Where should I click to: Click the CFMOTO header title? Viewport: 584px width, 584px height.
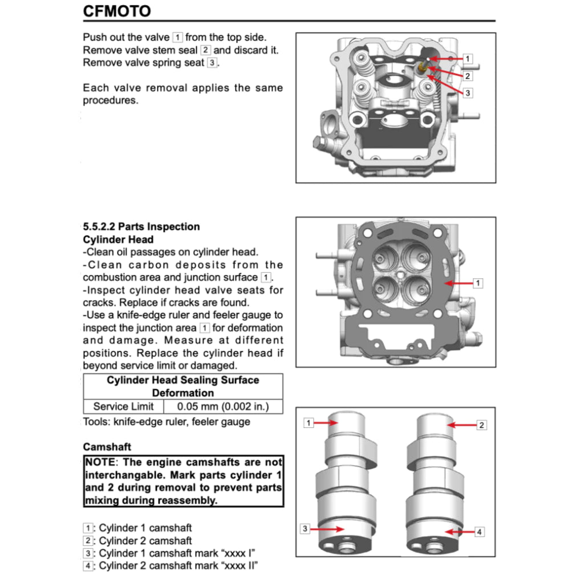pyautogui.click(x=117, y=11)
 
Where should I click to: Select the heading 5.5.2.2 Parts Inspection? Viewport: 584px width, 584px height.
pyautogui.click(x=141, y=226)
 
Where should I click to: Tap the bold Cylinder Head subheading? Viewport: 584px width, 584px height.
pyautogui.click(x=118, y=240)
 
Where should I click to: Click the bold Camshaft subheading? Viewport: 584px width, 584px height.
pyautogui.click(x=107, y=447)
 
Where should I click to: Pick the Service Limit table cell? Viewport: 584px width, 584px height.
pyautogui.click(x=123, y=407)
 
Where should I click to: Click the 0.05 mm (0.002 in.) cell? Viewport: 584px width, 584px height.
pyautogui.click(x=222, y=407)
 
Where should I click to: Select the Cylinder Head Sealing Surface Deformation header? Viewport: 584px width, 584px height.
pyautogui.click(x=182, y=386)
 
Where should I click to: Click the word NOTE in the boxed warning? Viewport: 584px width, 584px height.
pyautogui.click(x=100, y=463)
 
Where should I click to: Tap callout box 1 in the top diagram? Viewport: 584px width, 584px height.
pyautogui.click(x=467, y=59)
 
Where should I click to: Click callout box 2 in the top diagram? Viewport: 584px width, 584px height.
pyautogui.click(x=467, y=76)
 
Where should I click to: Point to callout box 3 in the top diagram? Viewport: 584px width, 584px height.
pyautogui.click(x=467, y=93)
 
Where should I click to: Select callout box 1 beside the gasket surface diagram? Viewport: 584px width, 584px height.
pyautogui.click(x=478, y=283)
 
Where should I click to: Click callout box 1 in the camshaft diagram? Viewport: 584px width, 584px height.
pyautogui.click(x=309, y=423)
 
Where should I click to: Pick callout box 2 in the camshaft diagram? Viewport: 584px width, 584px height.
pyautogui.click(x=481, y=425)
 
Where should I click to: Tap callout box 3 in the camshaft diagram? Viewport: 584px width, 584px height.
pyautogui.click(x=306, y=529)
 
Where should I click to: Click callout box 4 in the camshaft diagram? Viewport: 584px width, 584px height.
pyautogui.click(x=479, y=532)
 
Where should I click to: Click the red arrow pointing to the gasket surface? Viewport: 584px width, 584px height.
pyautogui.click(x=459, y=283)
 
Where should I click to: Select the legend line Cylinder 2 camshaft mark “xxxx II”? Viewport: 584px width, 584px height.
pyautogui.click(x=171, y=566)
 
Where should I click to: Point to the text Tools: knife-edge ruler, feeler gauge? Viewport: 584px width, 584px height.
pyautogui.click(x=166, y=422)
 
